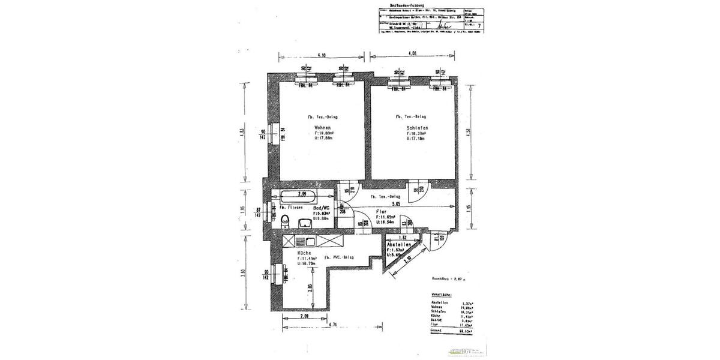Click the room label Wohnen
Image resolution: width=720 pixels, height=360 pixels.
[x=322, y=128]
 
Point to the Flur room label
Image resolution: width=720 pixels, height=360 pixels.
[x=380, y=211]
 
